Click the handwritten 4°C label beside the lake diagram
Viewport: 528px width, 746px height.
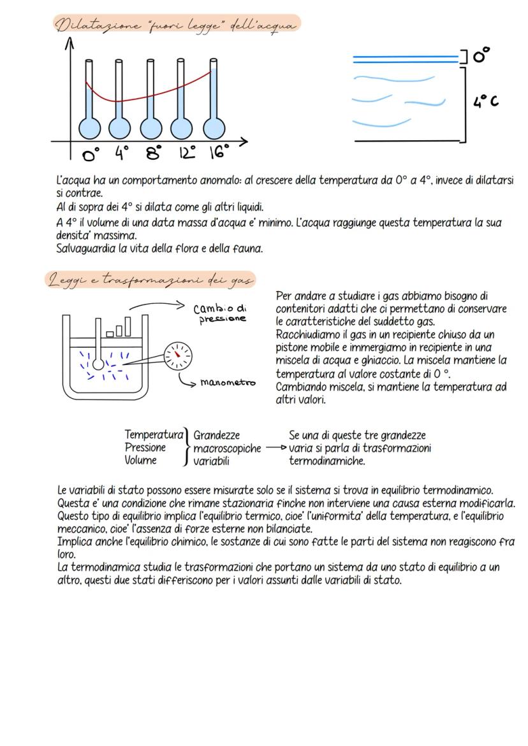point(485,101)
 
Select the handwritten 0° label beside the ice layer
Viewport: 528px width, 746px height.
point(482,56)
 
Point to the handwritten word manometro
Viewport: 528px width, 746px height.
point(227,383)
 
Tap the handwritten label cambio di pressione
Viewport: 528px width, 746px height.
point(219,313)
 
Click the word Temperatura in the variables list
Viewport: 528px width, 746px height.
point(154,435)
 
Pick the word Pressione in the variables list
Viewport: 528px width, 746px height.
point(145,448)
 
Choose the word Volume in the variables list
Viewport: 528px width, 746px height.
point(140,461)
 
